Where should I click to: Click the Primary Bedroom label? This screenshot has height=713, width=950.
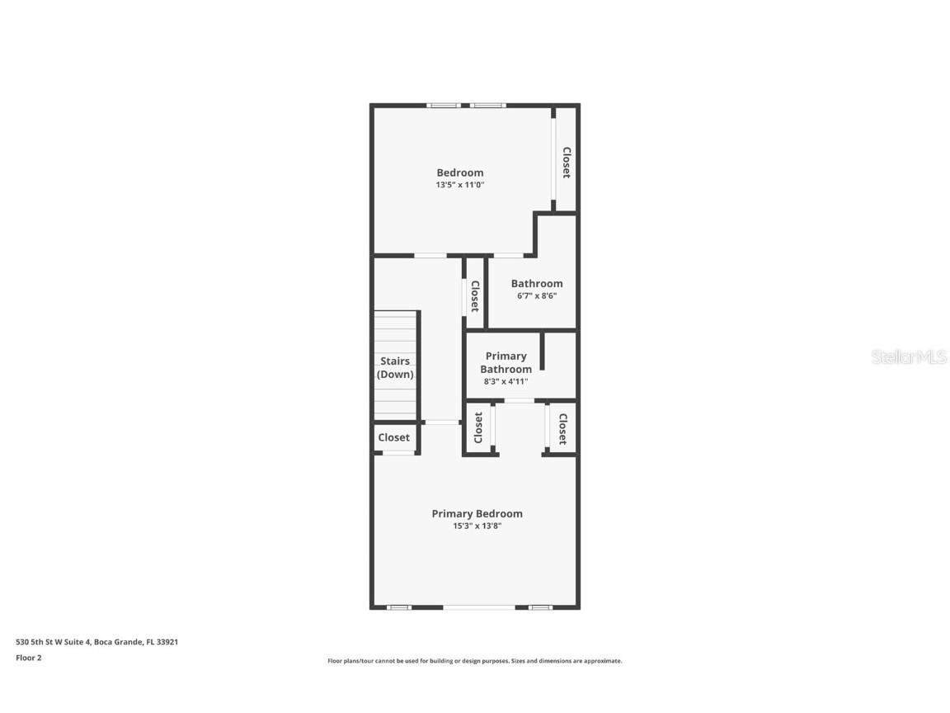(x=477, y=513)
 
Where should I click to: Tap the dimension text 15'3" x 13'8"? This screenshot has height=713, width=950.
(x=477, y=526)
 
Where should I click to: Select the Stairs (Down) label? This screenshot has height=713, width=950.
(x=395, y=367)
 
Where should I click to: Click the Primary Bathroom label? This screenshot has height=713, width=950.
(x=506, y=362)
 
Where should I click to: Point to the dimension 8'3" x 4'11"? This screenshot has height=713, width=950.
(x=506, y=381)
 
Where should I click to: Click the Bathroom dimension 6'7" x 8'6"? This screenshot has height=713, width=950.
(x=536, y=295)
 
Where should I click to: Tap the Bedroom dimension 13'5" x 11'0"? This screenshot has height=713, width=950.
(x=459, y=185)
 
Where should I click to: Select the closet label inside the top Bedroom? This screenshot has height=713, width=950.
(x=567, y=163)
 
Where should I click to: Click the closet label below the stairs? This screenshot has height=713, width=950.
(x=393, y=437)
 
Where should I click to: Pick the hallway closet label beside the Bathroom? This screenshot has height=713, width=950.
(x=475, y=296)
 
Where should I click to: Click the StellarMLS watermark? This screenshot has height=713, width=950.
(x=908, y=357)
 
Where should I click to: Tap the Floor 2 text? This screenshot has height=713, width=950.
(x=28, y=658)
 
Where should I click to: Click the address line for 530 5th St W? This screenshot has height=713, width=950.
(x=97, y=641)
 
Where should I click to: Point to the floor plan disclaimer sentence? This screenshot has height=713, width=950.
(x=475, y=661)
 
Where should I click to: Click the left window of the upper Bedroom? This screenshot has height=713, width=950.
(x=444, y=105)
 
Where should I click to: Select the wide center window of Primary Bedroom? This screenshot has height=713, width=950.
(x=479, y=607)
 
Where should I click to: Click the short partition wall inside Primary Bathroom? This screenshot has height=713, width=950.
(x=542, y=352)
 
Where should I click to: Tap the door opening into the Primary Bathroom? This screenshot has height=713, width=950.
(x=520, y=401)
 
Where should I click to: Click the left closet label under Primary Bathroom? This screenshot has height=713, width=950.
(x=478, y=427)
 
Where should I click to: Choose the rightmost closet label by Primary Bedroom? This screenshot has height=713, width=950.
(x=562, y=428)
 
